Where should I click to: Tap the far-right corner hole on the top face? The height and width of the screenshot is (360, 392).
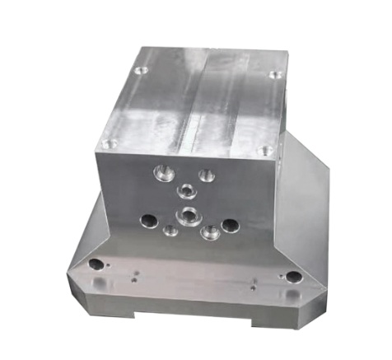pyautogui.click(x=274, y=75)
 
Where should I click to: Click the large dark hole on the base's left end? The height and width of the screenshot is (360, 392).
pyautogui.click(x=96, y=264)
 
